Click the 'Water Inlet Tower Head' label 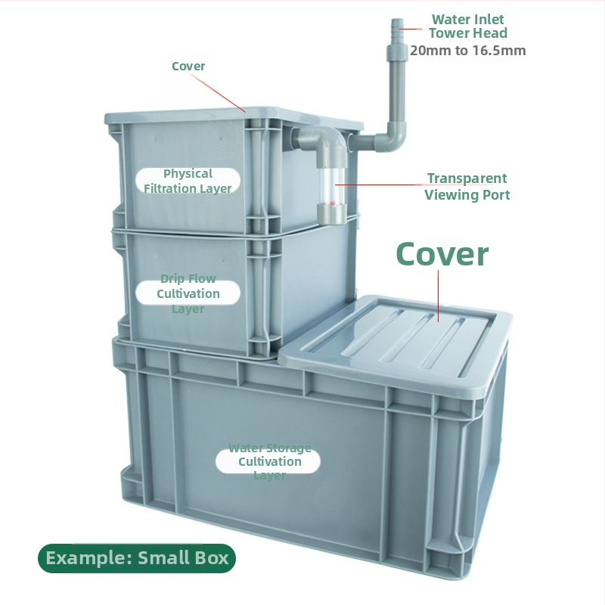pos(467,26)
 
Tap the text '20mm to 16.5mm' pos(467,51)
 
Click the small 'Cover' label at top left pos(188,66)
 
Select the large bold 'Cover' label pos(442,254)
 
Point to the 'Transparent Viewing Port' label pos(467,186)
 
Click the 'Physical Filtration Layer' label pos(188,181)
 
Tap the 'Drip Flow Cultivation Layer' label pos(188,293)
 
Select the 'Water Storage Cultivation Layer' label pos(269,461)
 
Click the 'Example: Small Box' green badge pos(137,558)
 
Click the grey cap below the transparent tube pos(331,214)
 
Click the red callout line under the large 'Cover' pos(439,296)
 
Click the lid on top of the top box pos(234,116)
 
